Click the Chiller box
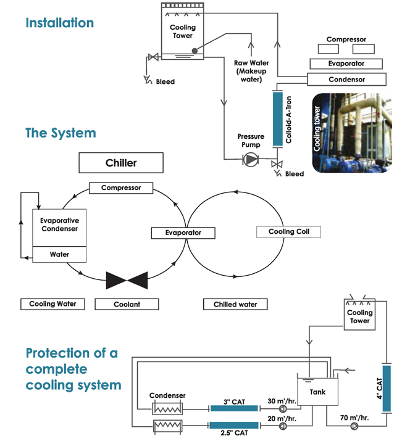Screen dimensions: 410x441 click(121, 163)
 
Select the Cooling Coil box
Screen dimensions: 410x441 click(288, 232)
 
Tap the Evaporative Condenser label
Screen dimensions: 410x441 click(60, 225)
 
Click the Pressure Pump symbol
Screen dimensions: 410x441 click(250, 160)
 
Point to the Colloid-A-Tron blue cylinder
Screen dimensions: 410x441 click(278, 118)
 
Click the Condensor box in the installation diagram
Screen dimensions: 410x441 click(346, 80)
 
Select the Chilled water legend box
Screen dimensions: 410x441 click(235, 304)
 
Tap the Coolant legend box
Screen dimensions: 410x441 click(127, 304)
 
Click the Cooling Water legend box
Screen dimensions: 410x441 click(52, 304)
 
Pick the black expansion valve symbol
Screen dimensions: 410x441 click(127, 281)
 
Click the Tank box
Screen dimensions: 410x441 click(318, 392)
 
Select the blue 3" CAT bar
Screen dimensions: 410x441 click(234, 408)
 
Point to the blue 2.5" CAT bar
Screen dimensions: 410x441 click(234, 425)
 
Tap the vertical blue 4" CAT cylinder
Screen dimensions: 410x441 click(387, 389)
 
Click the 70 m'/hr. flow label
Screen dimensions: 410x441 click(354, 418)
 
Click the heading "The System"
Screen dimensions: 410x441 click(61, 133)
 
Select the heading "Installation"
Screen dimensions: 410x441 click(60, 23)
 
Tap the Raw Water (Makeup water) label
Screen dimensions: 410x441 click(251, 71)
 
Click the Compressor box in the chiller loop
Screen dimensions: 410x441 click(121, 188)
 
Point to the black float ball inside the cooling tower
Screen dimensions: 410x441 click(195, 51)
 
